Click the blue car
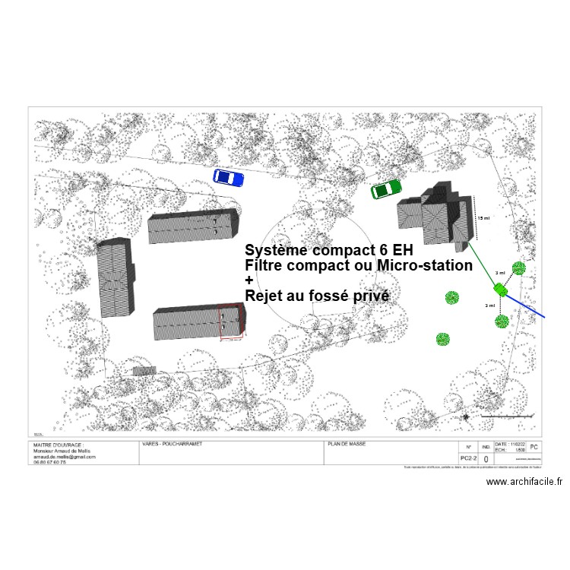228,178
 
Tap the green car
386,189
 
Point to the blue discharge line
527,303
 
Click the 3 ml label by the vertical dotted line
491,306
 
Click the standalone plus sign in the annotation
249,280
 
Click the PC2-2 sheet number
468,459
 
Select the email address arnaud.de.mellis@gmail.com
64,457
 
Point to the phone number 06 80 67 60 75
49,462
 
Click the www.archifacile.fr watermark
524,481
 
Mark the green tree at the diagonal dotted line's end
519,268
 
